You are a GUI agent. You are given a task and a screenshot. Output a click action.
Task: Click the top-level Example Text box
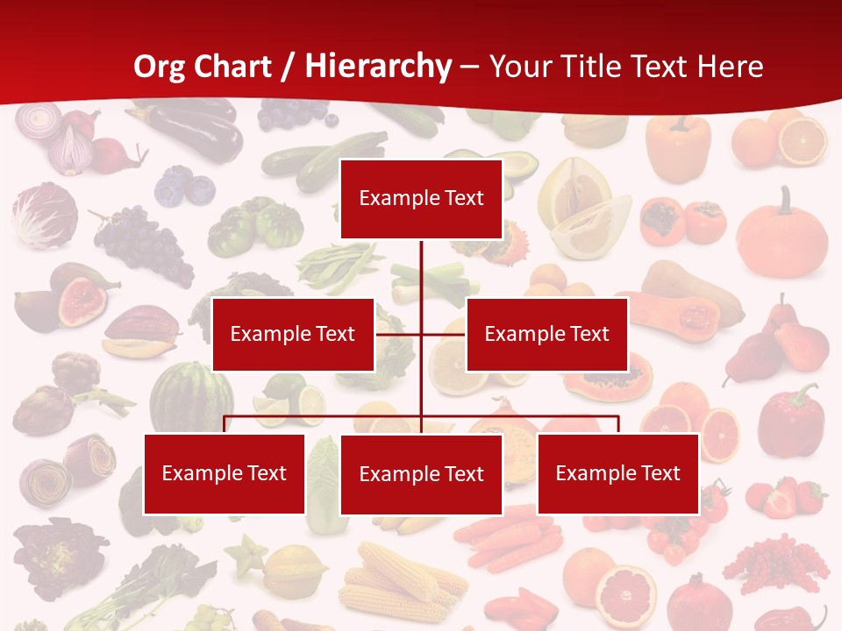click(x=421, y=198)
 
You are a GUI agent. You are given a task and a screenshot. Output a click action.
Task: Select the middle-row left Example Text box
click(x=293, y=334)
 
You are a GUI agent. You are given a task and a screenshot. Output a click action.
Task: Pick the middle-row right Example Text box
click(x=546, y=334)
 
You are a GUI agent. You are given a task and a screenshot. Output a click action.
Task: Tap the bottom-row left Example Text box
click(x=224, y=473)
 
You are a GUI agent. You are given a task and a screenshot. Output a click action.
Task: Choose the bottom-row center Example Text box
click(x=421, y=474)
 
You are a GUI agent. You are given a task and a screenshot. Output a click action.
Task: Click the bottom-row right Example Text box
click(x=617, y=473)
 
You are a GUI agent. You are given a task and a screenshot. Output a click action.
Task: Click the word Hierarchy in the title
click(x=379, y=66)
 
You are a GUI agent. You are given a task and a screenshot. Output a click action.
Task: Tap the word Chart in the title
click(x=231, y=66)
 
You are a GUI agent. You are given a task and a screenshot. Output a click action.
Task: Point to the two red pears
click(x=781, y=342)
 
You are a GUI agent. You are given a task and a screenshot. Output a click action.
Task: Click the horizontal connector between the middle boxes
click(x=421, y=334)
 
